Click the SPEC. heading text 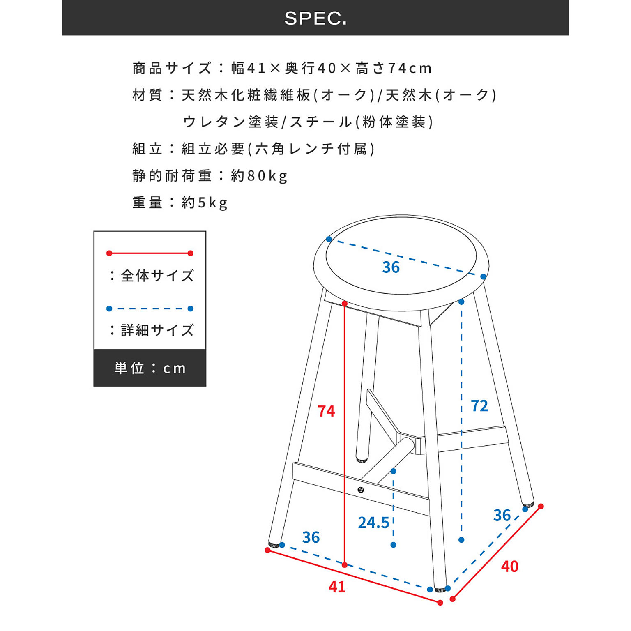click(x=315, y=18)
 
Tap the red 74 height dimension click(x=326, y=411)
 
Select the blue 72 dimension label click(x=479, y=406)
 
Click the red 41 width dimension click(x=337, y=587)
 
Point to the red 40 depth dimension click(x=509, y=567)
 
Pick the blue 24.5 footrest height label click(x=373, y=523)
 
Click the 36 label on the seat click(x=391, y=267)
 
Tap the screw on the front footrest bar click(x=361, y=490)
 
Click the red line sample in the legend click(x=150, y=253)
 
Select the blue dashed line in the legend click(x=150, y=309)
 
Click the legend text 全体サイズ click(x=157, y=276)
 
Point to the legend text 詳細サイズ click(x=157, y=330)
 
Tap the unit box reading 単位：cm click(x=150, y=368)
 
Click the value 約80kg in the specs click(x=259, y=176)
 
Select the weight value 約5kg click(x=204, y=203)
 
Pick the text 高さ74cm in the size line click(x=394, y=68)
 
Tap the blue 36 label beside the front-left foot click(x=311, y=537)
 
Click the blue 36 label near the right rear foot click(x=502, y=515)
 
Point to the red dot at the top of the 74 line click(x=345, y=304)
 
